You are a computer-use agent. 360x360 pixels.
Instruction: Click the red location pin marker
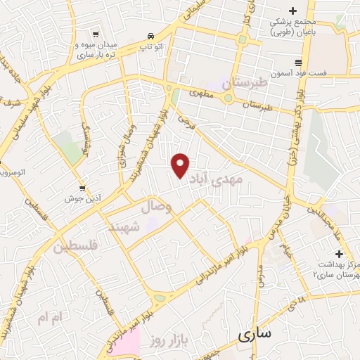[x=181, y=166]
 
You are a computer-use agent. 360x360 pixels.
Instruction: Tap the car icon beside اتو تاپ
[x=150, y=36]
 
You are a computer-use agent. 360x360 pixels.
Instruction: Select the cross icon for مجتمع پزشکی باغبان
[x=294, y=10]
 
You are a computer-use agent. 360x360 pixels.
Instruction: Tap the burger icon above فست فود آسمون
[x=299, y=62]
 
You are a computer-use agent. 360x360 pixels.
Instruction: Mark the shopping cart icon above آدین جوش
[x=83, y=188]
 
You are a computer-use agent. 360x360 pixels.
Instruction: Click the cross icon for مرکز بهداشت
[x=340, y=253]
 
